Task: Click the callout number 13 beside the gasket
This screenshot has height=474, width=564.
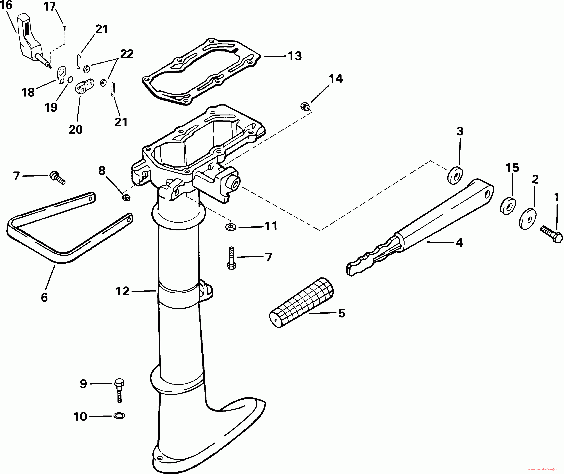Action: click(295, 56)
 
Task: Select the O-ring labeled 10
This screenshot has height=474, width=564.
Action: click(119, 416)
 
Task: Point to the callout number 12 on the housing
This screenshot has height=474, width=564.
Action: click(123, 291)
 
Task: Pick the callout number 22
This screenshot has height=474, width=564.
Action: click(127, 54)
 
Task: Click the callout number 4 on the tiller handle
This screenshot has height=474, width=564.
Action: click(459, 243)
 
